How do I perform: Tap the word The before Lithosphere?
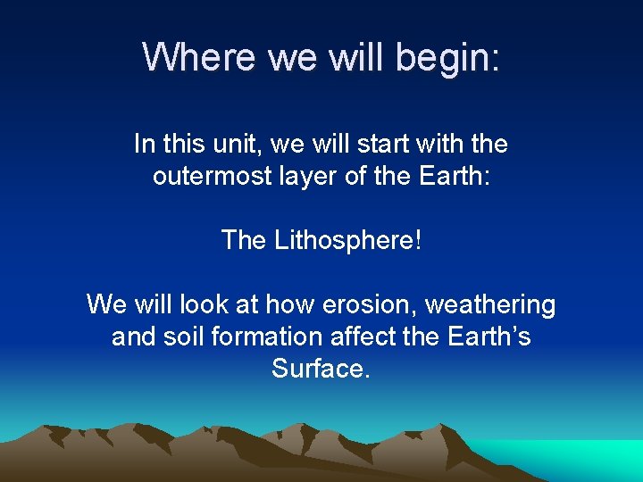pos(243,240)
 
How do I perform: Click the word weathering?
pos(490,304)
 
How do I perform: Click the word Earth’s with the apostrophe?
pos(488,337)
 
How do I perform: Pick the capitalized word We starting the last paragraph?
pos(105,304)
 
